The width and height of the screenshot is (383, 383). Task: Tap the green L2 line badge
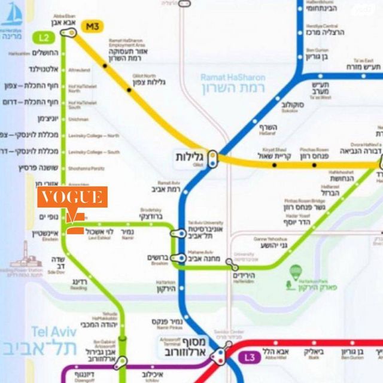coord(44,38)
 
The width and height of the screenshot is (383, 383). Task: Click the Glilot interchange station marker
coord(213,160)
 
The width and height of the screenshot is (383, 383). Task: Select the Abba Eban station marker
coord(66,36)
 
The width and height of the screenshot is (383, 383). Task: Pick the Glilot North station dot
coord(129,90)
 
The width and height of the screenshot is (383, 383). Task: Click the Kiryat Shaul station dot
coord(275,164)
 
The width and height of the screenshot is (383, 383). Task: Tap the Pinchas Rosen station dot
coord(314,164)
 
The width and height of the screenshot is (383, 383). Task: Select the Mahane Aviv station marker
coord(178,259)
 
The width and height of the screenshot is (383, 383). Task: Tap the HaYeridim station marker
coord(236,266)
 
